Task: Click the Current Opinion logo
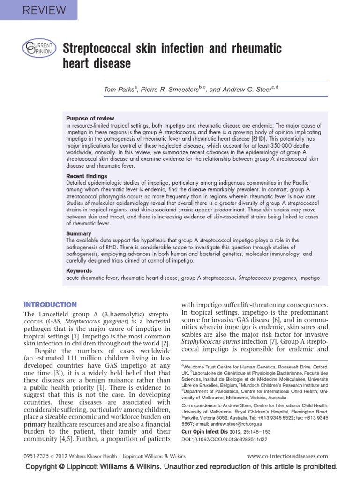point(39,48)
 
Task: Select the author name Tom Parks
point(118,89)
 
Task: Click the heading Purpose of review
point(90,119)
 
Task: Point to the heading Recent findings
point(87,176)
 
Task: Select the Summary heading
point(78,233)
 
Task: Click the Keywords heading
point(79,270)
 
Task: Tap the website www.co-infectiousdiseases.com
point(287,455)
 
